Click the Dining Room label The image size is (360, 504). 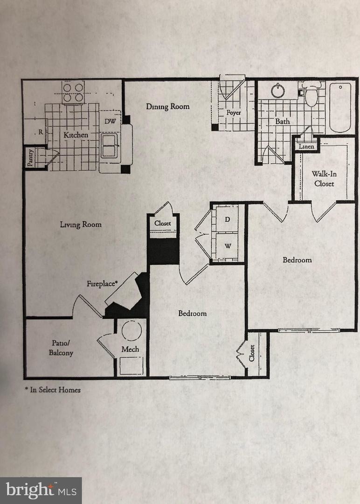click(168, 106)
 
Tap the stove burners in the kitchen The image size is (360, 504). click(73, 92)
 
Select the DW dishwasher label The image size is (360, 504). click(110, 121)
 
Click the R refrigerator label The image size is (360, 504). click(41, 132)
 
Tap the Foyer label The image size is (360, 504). click(234, 113)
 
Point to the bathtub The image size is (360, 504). click(340, 107)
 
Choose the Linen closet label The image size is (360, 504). click(306, 147)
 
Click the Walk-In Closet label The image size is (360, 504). click(324, 179)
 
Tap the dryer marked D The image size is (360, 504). click(228, 219)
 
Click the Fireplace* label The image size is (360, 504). click(101, 283)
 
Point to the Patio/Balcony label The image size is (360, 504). click(61, 348)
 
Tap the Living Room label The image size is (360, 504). click(81, 224)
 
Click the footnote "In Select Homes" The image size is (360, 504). click(53, 390)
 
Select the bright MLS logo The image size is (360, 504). click(41, 490)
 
